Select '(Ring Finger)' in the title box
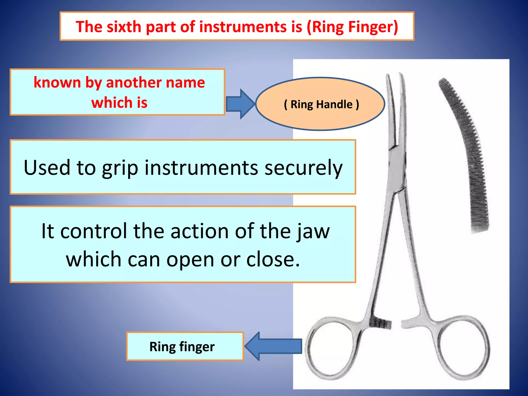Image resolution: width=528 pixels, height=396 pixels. click(352, 27)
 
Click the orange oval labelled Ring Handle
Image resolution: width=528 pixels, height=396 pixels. click(320, 104)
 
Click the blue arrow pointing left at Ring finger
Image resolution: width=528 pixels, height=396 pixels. click(273, 346)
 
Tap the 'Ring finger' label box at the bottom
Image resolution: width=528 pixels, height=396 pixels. click(185, 346)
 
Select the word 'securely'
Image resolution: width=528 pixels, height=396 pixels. click(303, 168)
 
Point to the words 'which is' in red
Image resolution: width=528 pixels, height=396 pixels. click(119, 102)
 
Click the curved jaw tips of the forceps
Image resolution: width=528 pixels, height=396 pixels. click(394, 108)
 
